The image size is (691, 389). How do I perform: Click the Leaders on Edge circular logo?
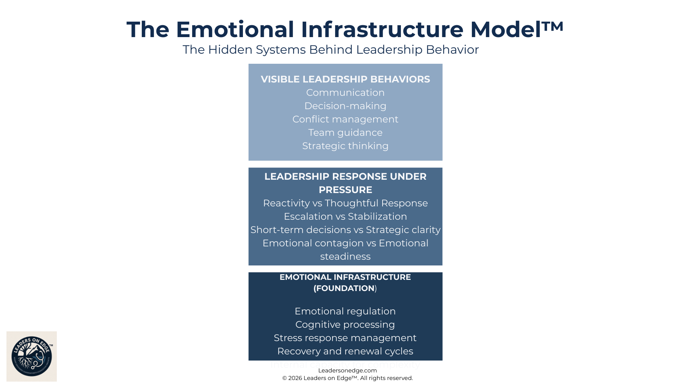[32, 356]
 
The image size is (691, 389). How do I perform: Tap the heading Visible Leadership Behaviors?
[345, 79]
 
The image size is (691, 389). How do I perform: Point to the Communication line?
[345, 93]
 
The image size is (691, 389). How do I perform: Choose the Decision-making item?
[345, 106]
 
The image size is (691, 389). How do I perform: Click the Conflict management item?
[345, 119]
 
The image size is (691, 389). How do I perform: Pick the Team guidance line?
[345, 133]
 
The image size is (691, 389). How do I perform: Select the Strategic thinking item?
[345, 146]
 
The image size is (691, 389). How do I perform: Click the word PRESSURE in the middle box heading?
[345, 190]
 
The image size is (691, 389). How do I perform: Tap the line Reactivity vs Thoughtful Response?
[345, 203]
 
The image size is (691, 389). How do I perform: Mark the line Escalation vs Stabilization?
[345, 216]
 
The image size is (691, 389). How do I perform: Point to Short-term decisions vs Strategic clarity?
[345, 230]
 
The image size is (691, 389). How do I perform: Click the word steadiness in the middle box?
[345, 256]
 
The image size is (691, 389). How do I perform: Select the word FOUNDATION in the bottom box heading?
[345, 289]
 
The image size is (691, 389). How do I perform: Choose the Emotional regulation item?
[345, 311]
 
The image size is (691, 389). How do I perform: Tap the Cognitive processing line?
[345, 325]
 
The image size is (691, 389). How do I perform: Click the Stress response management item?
[345, 338]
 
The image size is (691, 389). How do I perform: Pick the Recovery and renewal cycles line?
[345, 351]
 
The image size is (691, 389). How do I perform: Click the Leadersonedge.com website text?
[347, 370]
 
